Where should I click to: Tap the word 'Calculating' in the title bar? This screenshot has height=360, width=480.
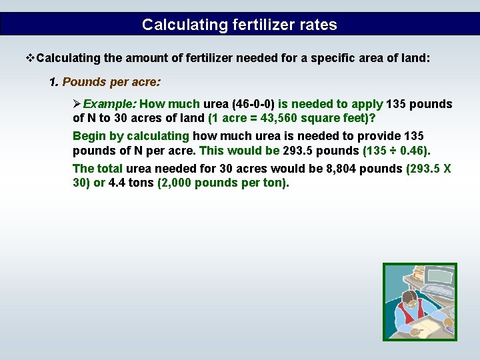tap(175, 25)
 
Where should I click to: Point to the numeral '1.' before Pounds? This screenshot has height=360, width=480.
tap(54, 82)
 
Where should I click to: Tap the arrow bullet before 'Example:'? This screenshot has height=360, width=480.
tap(77, 104)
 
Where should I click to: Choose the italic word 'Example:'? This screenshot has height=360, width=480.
tap(109, 104)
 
